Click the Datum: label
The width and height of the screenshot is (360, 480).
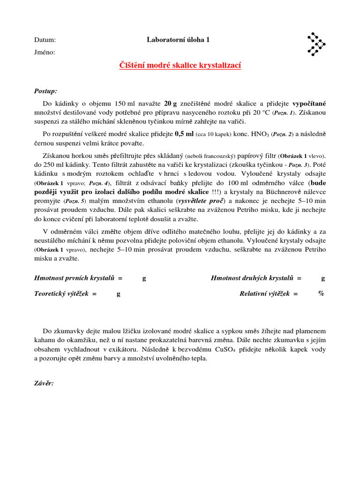(45, 40)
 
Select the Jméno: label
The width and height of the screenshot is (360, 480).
(45, 52)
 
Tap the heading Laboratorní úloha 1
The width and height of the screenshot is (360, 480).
(178, 40)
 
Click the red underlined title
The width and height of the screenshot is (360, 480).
(180, 66)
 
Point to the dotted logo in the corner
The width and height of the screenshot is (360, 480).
(316, 45)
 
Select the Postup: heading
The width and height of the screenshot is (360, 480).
(46, 90)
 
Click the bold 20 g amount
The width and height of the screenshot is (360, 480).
(170, 103)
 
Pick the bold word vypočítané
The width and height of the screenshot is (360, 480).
(309, 103)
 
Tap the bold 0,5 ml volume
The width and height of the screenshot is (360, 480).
(184, 134)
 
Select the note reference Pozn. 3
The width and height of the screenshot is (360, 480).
(300, 165)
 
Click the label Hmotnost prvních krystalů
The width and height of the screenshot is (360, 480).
(78, 278)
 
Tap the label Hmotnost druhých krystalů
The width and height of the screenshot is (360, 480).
(256, 278)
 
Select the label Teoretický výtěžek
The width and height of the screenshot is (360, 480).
(65, 294)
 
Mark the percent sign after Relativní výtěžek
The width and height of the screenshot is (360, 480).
(321, 294)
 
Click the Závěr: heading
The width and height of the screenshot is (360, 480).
(44, 383)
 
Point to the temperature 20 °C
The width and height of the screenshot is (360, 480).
(260, 112)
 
